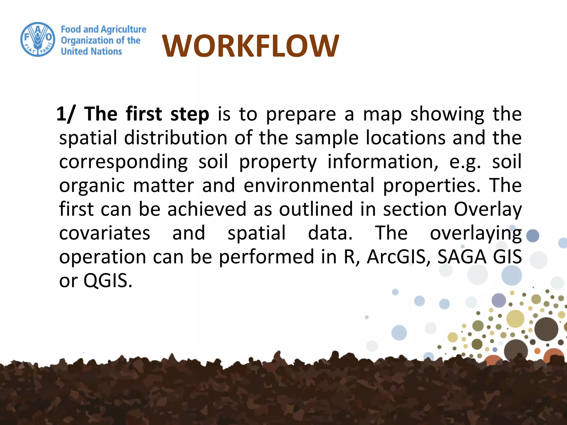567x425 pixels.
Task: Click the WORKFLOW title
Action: pyautogui.click(x=250, y=46)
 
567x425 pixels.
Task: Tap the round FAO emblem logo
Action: pyautogui.click(x=38, y=40)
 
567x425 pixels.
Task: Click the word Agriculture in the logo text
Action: pyautogui.click(x=124, y=29)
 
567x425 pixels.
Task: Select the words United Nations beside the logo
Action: pyautogui.click(x=91, y=51)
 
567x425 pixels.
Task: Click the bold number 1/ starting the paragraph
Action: pyautogui.click(x=65, y=114)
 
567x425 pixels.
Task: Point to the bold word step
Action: pyautogui.click(x=190, y=114)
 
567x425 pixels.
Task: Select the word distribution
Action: pyautogui.click(x=176, y=138)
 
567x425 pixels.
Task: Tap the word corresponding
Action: pyautogui.click(x=123, y=162)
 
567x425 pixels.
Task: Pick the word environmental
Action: pyautogui.click(x=309, y=185)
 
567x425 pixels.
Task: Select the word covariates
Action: pyautogui.click(x=105, y=233)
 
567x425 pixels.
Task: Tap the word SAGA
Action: pyautogui.click(x=462, y=257)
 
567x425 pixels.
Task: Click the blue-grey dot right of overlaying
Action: pyautogui.click(x=532, y=236)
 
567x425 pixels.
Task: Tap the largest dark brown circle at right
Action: pyautogui.click(x=546, y=329)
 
